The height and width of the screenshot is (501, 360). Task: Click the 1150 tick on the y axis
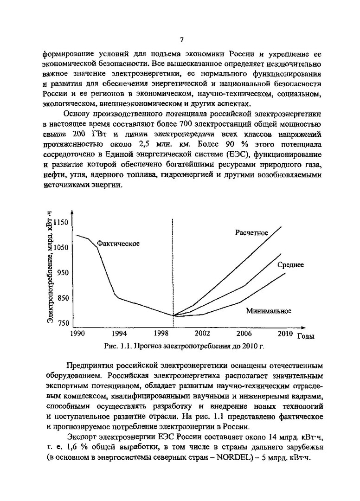61,223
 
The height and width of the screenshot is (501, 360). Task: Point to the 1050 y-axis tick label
61,248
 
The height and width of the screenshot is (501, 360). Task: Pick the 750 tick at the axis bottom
63,323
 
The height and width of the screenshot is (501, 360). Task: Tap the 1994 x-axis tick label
119,333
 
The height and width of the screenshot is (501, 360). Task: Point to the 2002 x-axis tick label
202,333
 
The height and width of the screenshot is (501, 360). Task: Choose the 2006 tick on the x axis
244,333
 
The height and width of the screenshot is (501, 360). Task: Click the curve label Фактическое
118,244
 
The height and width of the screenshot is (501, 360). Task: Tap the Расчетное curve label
251,233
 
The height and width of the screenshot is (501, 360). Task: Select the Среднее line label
291,265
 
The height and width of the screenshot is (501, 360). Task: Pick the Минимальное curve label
269,311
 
